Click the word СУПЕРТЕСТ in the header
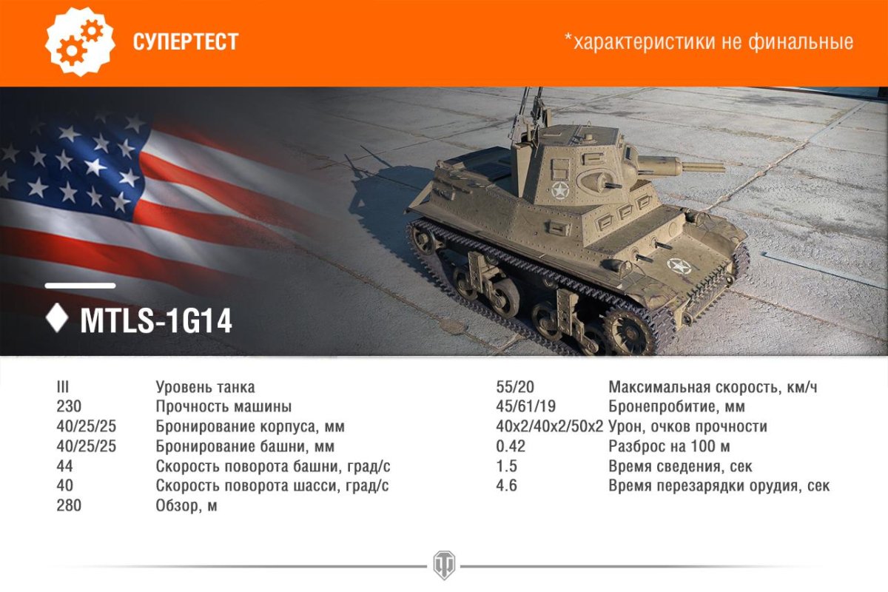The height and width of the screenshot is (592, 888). pyautogui.click(x=186, y=41)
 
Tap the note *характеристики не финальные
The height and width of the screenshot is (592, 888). pyautogui.click(x=708, y=41)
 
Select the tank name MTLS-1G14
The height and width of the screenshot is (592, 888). pyautogui.click(x=156, y=321)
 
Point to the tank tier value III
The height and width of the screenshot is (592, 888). pyautogui.click(x=62, y=387)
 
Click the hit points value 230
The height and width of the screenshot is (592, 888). pyautogui.click(x=69, y=406)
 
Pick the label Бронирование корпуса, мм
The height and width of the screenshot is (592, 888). pyautogui.click(x=250, y=427)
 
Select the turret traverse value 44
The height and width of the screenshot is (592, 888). pyautogui.click(x=65, y=466)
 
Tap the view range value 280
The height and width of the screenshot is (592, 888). pyautogui.click(x=69, y=506)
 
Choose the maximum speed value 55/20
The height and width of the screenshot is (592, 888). pyautogui.click(x=515, y=387)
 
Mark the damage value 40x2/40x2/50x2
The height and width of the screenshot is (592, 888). pyautogui.click(x=549, y=427)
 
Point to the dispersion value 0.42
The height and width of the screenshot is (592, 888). pyautogui.click(x=511, y=446)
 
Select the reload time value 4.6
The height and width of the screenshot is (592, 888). pyautogui.click(x=506, y=486)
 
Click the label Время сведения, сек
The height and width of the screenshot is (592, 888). pyautogui.click(x=680, y=466)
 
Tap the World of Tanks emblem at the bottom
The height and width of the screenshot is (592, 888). pyautogui.click(x=444, y=564)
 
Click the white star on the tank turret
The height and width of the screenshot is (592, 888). pyautogui.click(x=560, y=192)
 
